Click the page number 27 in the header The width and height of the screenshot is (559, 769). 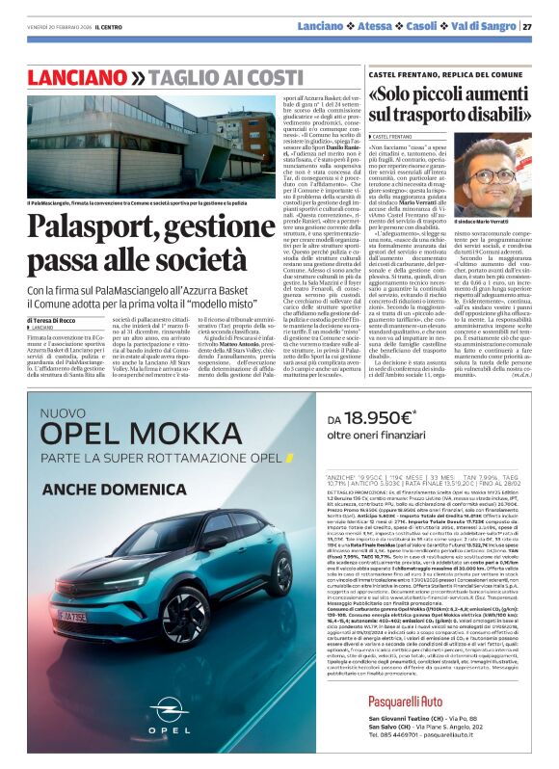pos(526,26)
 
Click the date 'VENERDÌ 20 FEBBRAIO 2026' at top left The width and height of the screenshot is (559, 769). pos(48,26)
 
